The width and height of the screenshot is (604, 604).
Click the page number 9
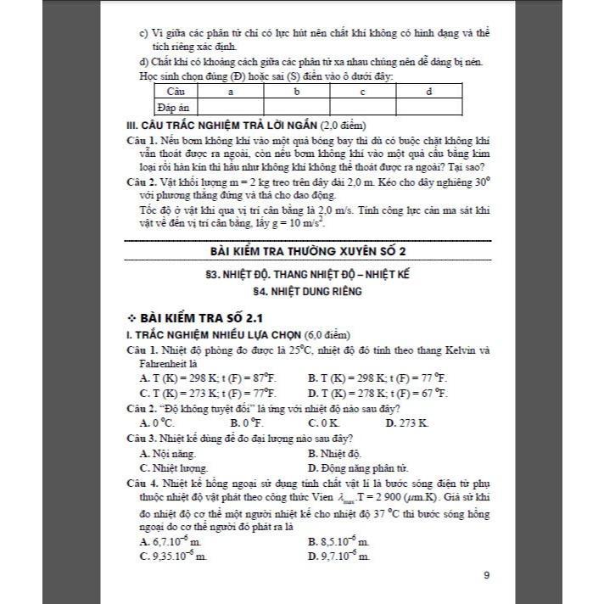[x=486, y=576]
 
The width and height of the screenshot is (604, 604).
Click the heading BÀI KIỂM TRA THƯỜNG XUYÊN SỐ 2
[x=307, y=252]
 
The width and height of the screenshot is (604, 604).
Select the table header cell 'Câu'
[x=176, y=91]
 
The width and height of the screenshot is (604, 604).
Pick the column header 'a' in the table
[x=231, y=91]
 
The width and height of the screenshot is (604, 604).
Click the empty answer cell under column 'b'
[x=297, y=107]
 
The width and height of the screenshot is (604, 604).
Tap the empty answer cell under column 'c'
[x=362, y=107]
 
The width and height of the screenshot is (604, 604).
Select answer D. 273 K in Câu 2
[x=407, y=422]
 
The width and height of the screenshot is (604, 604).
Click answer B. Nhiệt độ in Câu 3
[x=335, y=453]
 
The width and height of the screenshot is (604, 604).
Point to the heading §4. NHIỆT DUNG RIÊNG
[x=307, y=291]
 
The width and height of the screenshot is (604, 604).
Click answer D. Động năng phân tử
[x=358, y=467]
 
